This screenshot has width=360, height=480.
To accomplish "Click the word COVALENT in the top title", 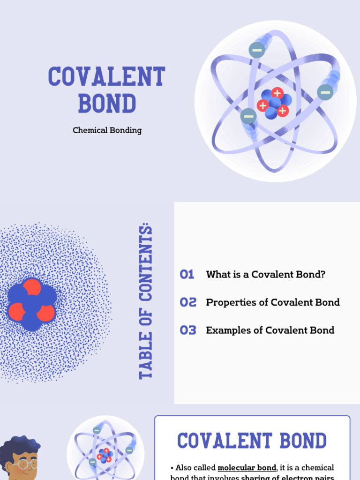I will coord(106,77).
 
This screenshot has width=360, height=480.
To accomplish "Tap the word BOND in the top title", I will coord(107,104).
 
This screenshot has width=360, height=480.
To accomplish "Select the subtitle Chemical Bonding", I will coord(107,130).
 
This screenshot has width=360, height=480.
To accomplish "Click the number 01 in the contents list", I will coord(187,275).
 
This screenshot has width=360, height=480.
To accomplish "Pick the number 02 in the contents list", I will coord(188,302).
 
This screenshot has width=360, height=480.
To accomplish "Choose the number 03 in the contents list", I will coord(188,330).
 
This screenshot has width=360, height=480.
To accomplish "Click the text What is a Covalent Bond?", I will coord(265,275).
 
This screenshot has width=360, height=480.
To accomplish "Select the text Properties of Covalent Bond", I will coord(273,302).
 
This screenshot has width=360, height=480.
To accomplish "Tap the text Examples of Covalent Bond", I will coord(270,330).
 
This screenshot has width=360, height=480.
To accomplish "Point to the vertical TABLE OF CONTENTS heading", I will coord(146,302).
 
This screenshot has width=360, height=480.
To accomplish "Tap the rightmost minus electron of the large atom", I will coord(325,92).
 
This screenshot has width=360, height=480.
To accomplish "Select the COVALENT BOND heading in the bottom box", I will coord(252,441).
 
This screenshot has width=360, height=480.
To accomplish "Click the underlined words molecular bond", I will coord(247,468).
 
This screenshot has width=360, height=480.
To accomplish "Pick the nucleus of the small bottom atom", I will coord(105,455).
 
